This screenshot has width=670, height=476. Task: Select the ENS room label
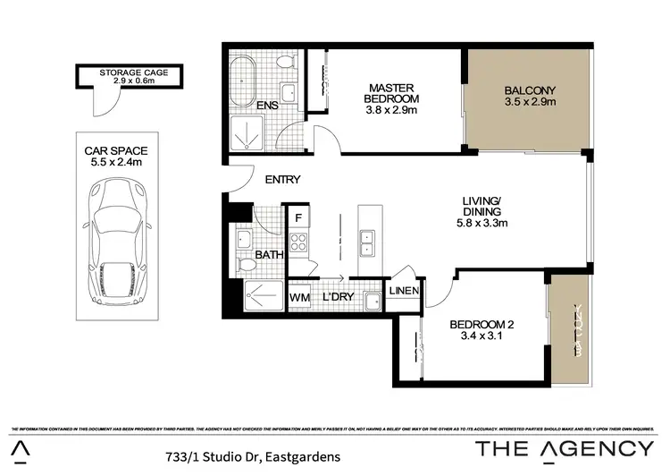point(267,106)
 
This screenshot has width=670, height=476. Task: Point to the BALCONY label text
point(530,89)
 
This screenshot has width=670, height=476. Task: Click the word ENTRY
point(282,180)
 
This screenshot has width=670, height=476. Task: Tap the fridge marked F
point(297,217)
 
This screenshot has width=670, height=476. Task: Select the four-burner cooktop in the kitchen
point(298,242)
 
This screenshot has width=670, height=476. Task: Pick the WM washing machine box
point(298,297)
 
